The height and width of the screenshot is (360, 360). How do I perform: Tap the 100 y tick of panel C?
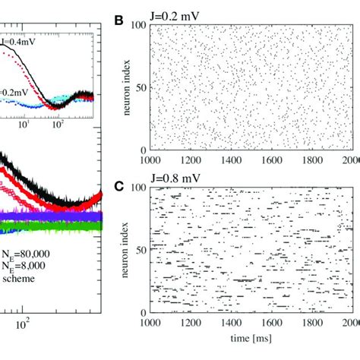pyautogui.click(x=140, y=186)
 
